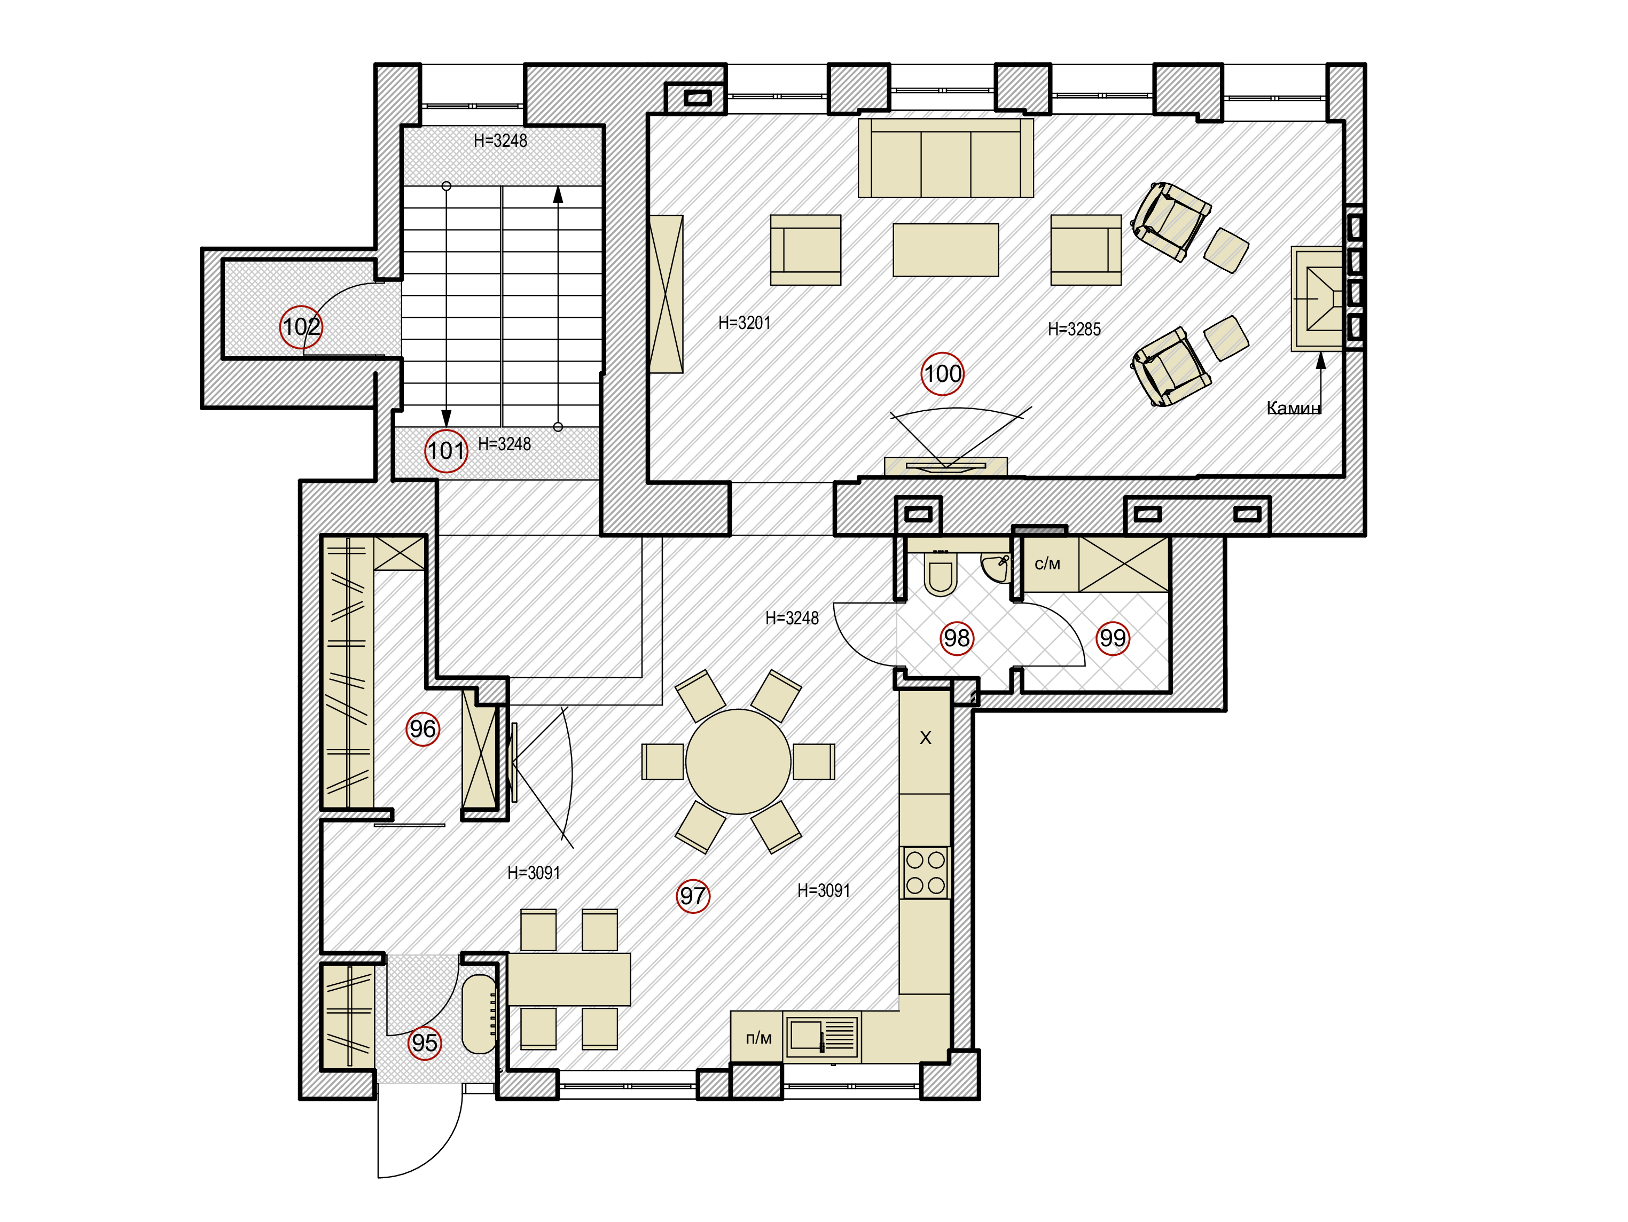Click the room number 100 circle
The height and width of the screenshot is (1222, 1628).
[x=942, y=374]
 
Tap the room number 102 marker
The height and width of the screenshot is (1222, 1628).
[x=301, y=327]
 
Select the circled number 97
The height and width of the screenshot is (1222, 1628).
[x=693, y=896]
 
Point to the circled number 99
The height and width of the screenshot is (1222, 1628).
[x=1112, y=638]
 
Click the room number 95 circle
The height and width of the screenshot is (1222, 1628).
[x=424, y=1043]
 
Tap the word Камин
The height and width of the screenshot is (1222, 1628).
[x=1293, y=408]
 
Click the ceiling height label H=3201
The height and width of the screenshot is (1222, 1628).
[x=744, y=323]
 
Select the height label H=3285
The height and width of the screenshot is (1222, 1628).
[x=1074, y=329]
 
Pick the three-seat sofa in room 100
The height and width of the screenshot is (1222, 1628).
[x=946, y=158]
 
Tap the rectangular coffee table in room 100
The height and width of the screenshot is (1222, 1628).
[x=946, y=250]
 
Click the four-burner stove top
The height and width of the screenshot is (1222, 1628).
[x=925, y=872]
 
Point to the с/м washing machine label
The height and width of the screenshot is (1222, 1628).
[x=1047, y=565]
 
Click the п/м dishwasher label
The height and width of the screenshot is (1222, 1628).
[x=759, y=1038]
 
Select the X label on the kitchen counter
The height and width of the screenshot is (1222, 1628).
[x=926, y=738]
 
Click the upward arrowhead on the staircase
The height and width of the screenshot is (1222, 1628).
[x=558, y=194]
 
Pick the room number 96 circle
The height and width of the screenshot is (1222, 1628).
[x=422, y=729]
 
